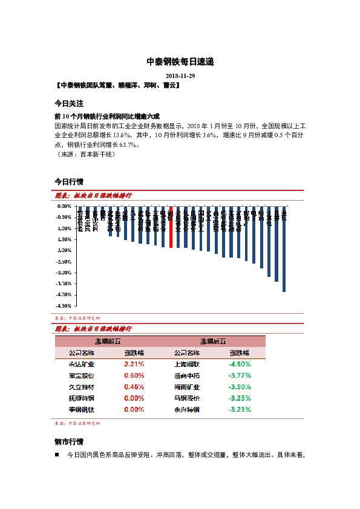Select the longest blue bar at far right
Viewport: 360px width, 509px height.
(x=284, y=249)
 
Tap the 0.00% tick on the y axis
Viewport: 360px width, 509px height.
(x=65, y=206)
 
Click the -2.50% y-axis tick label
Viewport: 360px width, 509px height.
(x=65, y=262)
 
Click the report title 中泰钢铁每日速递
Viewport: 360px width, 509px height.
(x=180, y=62)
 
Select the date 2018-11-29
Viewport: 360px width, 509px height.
(x=180, y=76)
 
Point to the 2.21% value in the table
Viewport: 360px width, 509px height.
(x=134, y=364)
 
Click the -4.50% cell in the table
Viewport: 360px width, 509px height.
(x=240, y=364)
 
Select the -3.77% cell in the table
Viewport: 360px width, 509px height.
(x=240, y=375)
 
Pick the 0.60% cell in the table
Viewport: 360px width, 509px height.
(x=134, y=375)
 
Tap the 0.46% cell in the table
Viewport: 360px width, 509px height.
(x=134, y=387)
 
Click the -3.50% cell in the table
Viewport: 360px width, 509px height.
(x=240, y=387)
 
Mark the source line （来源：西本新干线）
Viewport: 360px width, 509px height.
(x=85, y=154)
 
